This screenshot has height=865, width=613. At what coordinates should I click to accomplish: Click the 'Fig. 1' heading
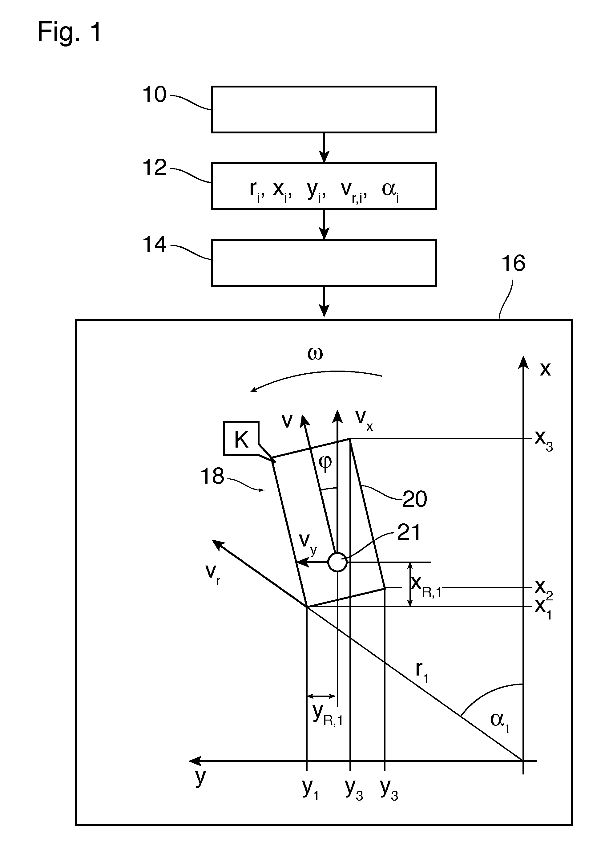[70, 32]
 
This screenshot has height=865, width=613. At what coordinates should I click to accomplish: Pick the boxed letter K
[241, 440]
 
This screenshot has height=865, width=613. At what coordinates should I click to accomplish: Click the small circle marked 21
[337, 562]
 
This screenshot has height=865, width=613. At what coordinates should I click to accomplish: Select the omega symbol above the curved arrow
[315, 354]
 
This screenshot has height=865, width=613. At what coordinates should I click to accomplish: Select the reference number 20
[414, 499]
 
